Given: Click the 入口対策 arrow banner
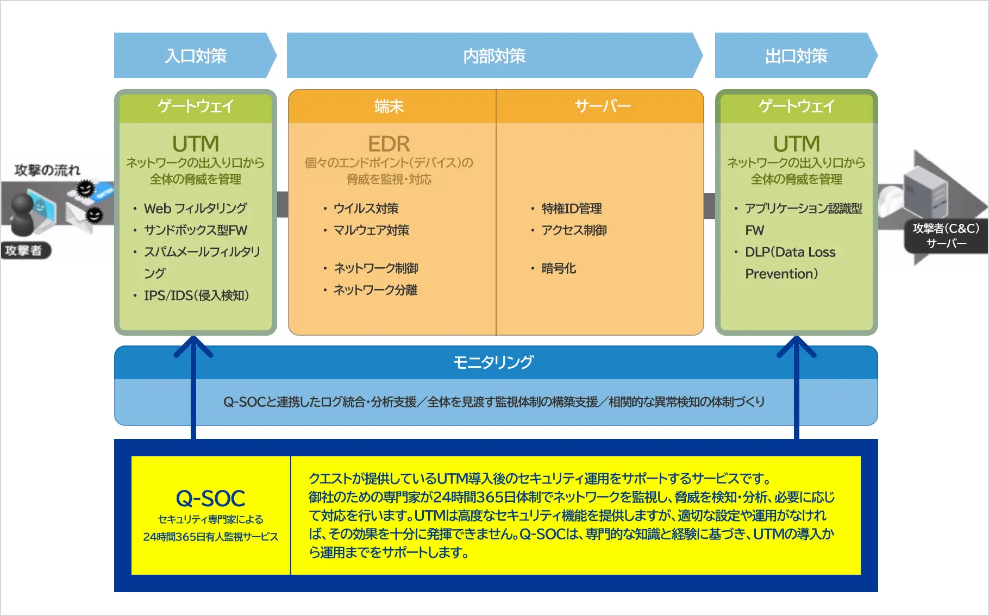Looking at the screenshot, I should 196,55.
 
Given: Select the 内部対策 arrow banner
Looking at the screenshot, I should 494,55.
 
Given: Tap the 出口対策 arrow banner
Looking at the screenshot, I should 796,55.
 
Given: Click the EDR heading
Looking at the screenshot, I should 389,144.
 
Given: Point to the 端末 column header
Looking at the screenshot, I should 389,106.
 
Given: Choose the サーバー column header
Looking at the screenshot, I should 602,106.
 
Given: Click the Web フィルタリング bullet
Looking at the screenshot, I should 195,209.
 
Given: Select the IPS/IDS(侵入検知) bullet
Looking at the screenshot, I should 196,296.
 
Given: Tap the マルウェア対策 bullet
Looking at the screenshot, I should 371,230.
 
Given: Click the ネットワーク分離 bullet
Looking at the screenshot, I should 375,290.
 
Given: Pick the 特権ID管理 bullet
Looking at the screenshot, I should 571,209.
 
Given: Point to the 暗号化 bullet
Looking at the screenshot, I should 559,268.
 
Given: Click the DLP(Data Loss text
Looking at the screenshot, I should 790,252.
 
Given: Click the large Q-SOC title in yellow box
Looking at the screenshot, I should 210,498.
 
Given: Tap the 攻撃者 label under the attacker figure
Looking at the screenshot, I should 23,250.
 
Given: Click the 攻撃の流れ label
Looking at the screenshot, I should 47,170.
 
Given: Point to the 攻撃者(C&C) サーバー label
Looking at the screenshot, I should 946,236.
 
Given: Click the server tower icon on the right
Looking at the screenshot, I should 925,193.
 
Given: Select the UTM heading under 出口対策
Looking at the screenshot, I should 796,144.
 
